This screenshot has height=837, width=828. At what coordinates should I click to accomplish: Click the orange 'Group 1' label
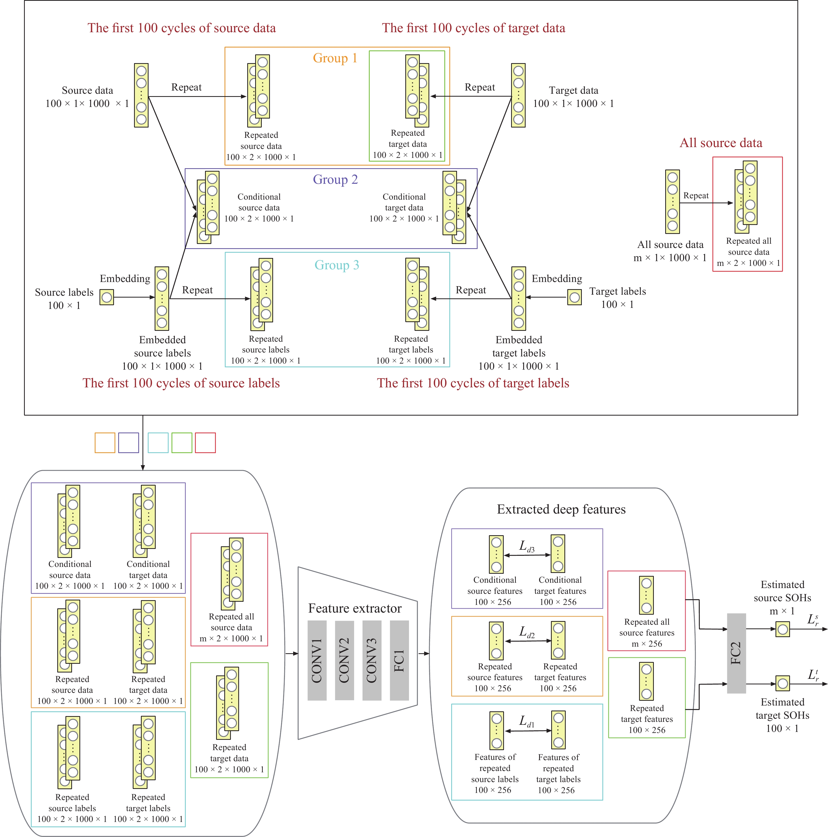pyautogui.click(x=335, y=58)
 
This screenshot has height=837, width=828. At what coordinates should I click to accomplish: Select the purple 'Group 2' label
pyautogui.click(x=335, y=179)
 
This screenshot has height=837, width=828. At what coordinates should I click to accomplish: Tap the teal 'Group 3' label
pyautogui.click(x=336, y=265)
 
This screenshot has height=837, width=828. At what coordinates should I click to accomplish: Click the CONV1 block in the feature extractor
pyautogui.click(x=317, y=660)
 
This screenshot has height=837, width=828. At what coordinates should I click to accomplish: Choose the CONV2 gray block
pyautogui.click(x=344, y=660)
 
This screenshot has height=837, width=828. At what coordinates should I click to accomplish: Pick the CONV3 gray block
pyautogui.click(x=372, y=660)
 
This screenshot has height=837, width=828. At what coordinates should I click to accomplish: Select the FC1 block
pyautogui.click(x=399, y=660)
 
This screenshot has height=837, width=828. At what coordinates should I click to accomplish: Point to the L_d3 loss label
pyautogui.click(x=527, y=547)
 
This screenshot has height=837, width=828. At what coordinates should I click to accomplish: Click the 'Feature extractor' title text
pyautogui.click(x=355, y=609)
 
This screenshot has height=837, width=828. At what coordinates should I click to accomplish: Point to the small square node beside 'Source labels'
pyautogui.click(x=107, y=297)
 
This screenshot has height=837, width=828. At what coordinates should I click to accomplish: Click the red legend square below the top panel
pyautogui.click(x=205, y=443)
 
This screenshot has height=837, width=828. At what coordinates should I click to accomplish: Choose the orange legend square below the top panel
pyautogui.click(x=105, y=443)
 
